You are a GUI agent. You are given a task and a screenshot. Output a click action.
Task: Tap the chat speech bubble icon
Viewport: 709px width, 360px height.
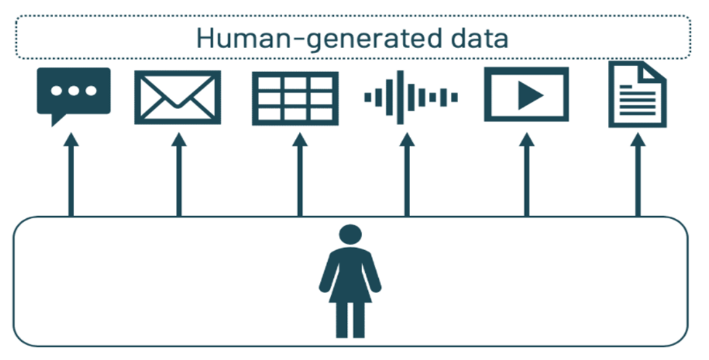click(x=73, y=93)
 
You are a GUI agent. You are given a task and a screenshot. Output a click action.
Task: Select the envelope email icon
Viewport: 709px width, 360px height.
click(x=178, y=97)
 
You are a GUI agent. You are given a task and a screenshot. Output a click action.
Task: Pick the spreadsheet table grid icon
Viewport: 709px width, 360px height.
click(x=295, y=97)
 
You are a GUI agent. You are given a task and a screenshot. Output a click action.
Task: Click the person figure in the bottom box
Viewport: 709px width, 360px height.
click(x=351, y=281)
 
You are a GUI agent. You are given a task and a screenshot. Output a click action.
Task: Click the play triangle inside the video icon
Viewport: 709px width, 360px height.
click(x=529, y=96)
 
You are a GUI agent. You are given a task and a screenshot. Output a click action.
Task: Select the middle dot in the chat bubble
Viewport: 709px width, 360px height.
click(x=73, y=91)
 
